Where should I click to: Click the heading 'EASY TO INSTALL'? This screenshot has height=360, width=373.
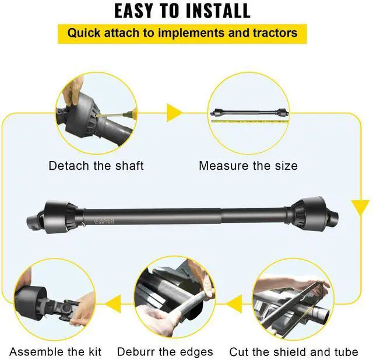click(182, 11)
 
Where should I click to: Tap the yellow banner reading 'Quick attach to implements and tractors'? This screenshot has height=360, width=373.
click(182, 32)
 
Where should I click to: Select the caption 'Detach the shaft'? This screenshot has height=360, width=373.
click(96, 166)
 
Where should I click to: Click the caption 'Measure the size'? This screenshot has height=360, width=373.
click(248, 166)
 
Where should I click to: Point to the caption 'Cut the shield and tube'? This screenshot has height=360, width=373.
click(293, 352)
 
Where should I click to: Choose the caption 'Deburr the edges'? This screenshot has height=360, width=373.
click(165, 352)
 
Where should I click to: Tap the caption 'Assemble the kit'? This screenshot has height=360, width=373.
click(55, 352)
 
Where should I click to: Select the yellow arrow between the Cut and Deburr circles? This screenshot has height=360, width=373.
click(234, 303)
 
